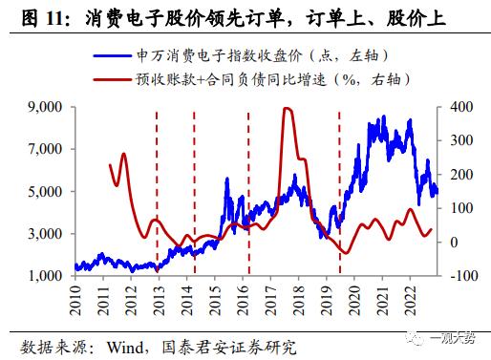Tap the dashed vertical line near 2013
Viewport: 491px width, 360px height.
coord(158,191)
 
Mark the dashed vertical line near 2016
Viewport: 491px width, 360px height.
coord(249,191)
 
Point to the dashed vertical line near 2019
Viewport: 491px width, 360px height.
coord(340,191)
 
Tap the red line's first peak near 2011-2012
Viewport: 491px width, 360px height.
coord(123,155)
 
